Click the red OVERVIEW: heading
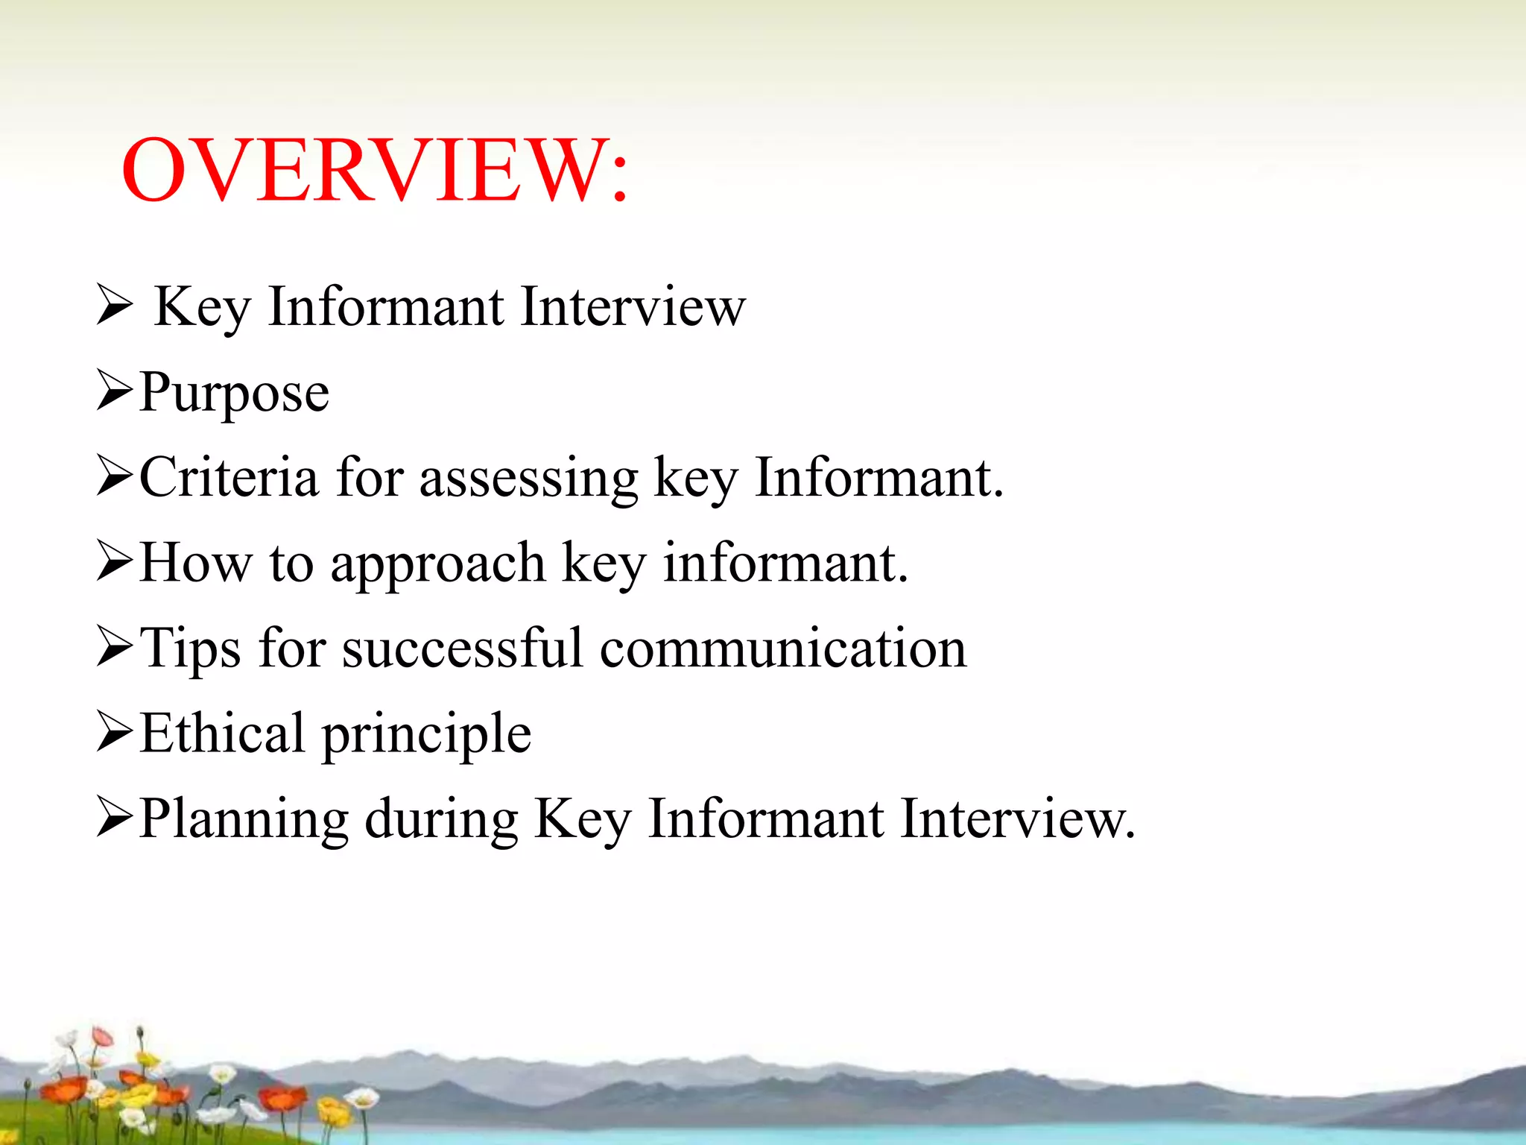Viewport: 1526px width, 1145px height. (375, 171)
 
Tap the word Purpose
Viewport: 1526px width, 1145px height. (234, 394)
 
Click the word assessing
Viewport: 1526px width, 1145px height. (529, 479)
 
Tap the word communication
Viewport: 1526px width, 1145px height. (783, 647)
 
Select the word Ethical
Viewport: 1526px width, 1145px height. (222, 733)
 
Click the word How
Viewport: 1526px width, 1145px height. (196, 563)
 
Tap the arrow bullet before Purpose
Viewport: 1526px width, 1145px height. (115, 393)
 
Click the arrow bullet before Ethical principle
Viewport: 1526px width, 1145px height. (115, 733)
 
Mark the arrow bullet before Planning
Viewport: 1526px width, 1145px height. (115, 818)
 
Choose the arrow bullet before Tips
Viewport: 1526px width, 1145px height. (115, 648)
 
